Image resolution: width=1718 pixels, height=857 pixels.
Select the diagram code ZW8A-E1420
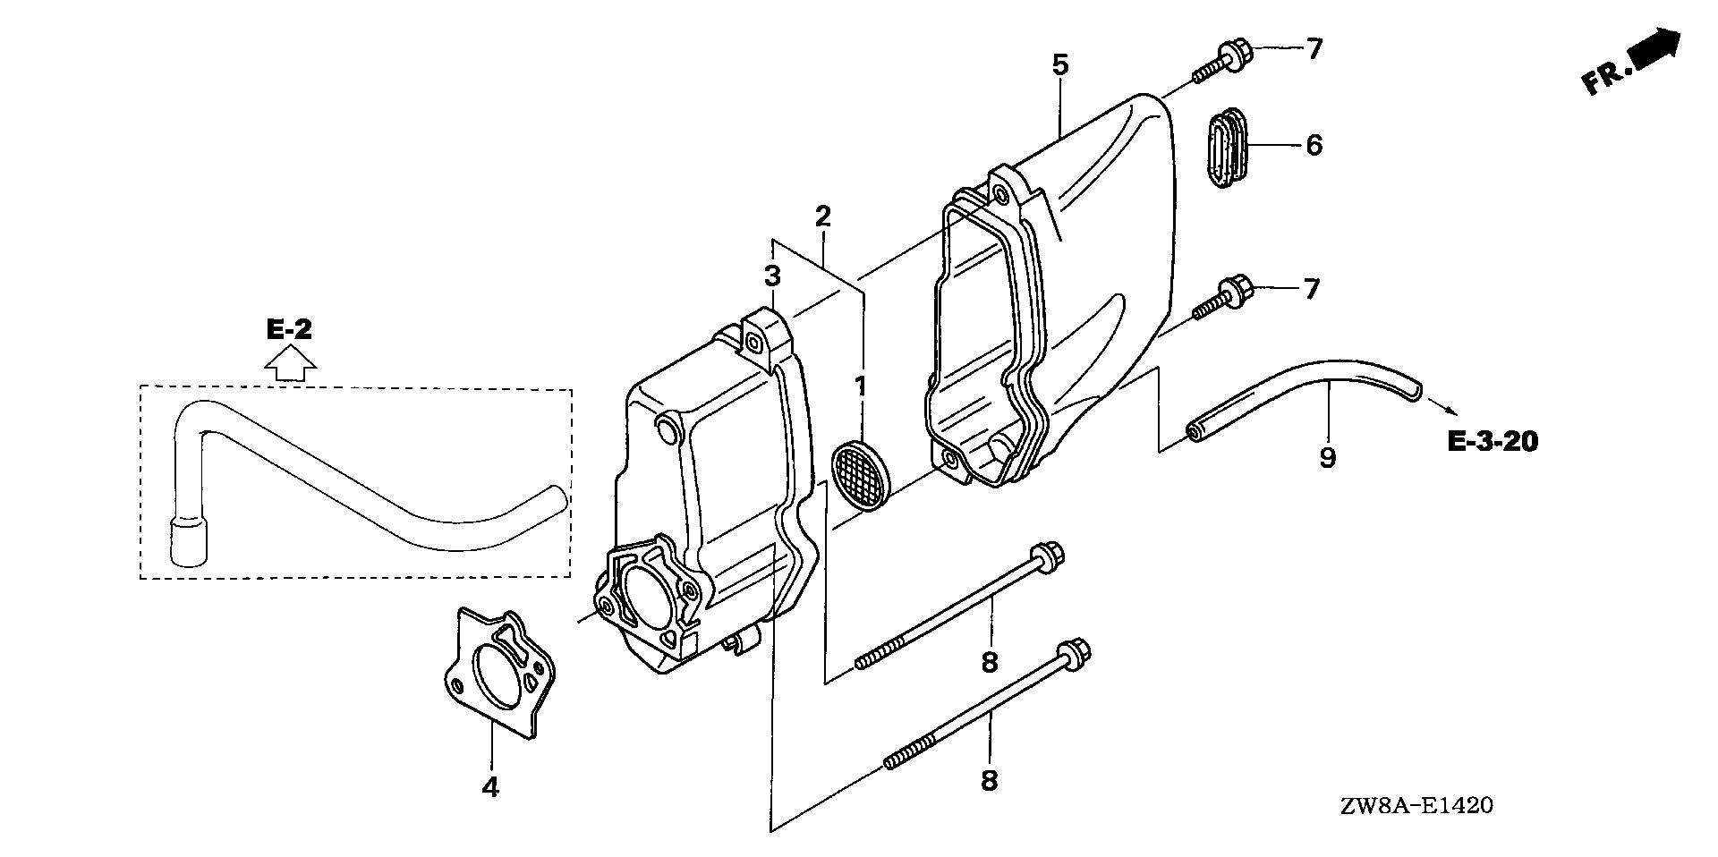click(x=1416, y=806)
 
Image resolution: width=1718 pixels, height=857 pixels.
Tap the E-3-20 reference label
click(x=1493, y=441)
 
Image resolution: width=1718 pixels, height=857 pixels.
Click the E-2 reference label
click(x=290, y=330)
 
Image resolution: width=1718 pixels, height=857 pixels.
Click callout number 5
click(x=1060, y=64)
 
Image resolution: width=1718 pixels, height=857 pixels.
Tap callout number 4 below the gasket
click(x=489, y=787)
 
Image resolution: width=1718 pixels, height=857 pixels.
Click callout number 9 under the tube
click(x=1328, y=458)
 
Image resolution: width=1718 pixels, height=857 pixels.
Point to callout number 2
click(x=823, y=216)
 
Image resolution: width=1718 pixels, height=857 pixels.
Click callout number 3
click(x=772, y=276)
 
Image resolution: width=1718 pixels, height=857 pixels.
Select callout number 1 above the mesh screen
click(x=860, y=387)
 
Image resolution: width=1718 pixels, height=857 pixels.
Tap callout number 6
click(x=1314, y=145)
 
